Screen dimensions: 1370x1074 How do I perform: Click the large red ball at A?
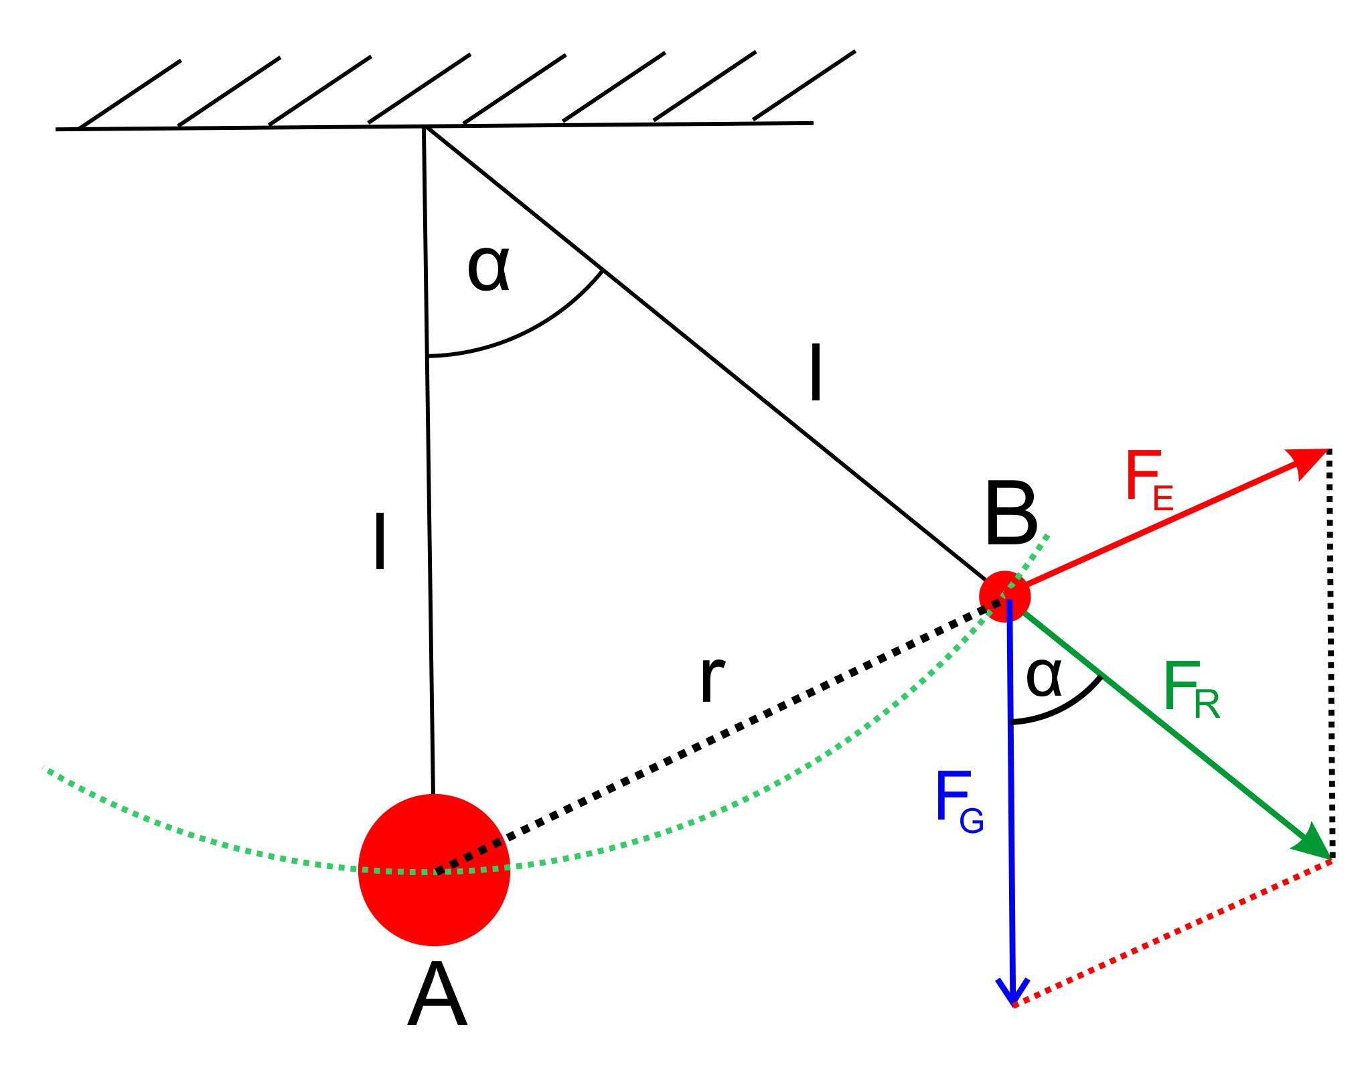[434, 870]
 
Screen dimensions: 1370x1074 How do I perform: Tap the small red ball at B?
[1004, 597]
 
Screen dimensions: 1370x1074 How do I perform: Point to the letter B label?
[1011, 514]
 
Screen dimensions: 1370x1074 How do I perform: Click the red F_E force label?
[1149, 479]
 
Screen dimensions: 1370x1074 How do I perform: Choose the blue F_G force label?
[960, 801]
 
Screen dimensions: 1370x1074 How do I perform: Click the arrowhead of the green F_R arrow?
[1312, 842]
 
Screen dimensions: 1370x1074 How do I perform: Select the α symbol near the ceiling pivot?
[489, 268]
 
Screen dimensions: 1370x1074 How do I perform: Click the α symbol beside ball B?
[1044, 678]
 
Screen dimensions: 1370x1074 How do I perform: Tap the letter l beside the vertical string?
[380, 541]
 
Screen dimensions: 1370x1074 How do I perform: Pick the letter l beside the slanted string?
[816, 372]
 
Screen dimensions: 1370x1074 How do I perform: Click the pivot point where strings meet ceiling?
[425, 127]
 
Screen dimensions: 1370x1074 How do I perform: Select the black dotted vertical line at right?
[1331, 654]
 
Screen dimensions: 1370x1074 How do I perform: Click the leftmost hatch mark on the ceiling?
[129, 94]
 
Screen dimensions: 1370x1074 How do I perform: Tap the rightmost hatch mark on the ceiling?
[804, 86]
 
